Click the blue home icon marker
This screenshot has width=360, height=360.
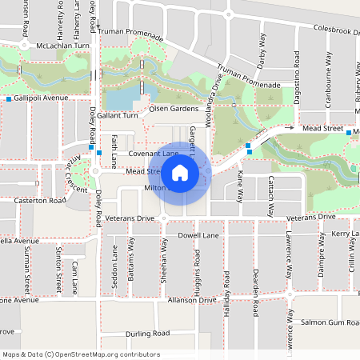point(180,172)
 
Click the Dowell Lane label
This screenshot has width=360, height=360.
point(198,236)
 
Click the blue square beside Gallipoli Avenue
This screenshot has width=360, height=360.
point(9,98)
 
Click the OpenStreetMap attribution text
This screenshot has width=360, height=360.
point(81,354)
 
